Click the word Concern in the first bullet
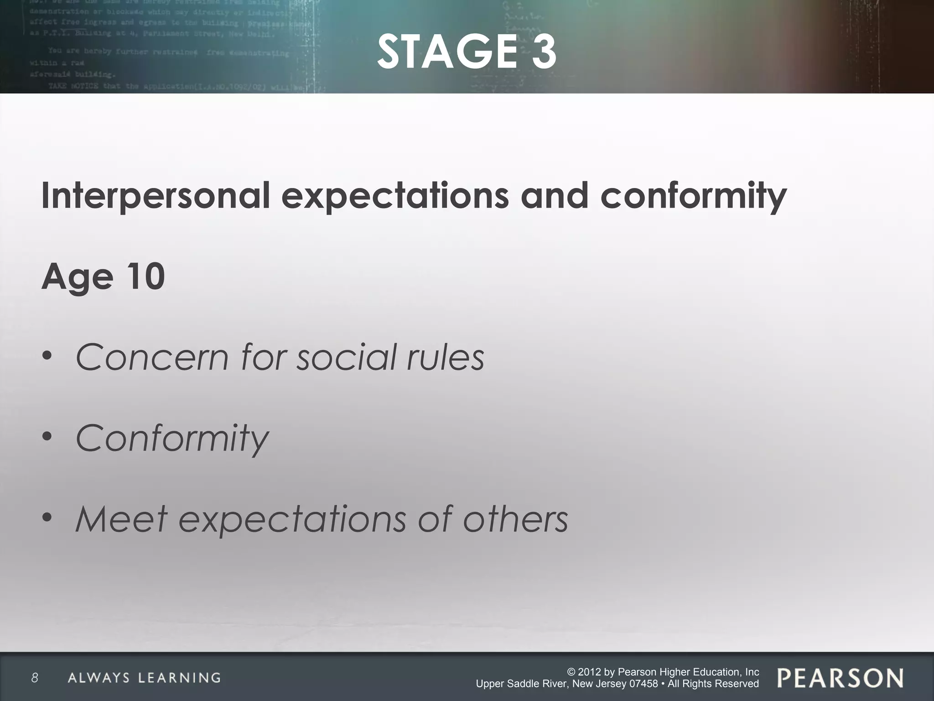coord(152,357)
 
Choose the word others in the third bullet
coord(516,519)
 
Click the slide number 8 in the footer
coord(35,678)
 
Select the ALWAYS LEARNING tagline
coord(144,678)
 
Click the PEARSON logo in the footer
coord(840,678)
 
